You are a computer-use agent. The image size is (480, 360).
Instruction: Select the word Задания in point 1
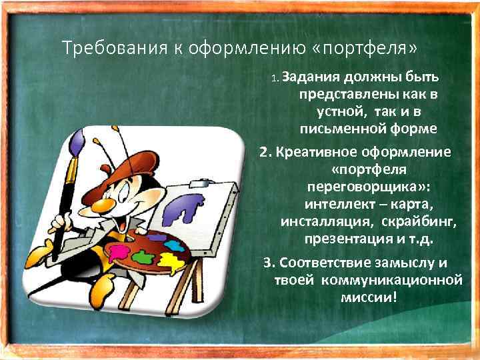(x=309, y=77)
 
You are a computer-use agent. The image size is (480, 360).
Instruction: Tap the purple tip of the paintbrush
(x=77, y=143)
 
